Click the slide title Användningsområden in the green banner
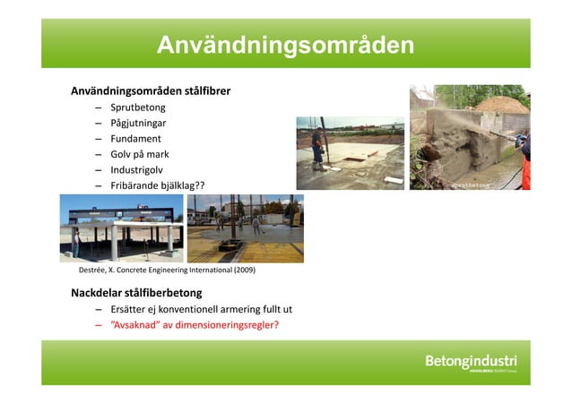point(285,45)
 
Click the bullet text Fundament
point(135,139)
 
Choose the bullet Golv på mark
point(140,154)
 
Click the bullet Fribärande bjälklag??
point(157,185)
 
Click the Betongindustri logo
point(471,363)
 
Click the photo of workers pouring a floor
point(246,228)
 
